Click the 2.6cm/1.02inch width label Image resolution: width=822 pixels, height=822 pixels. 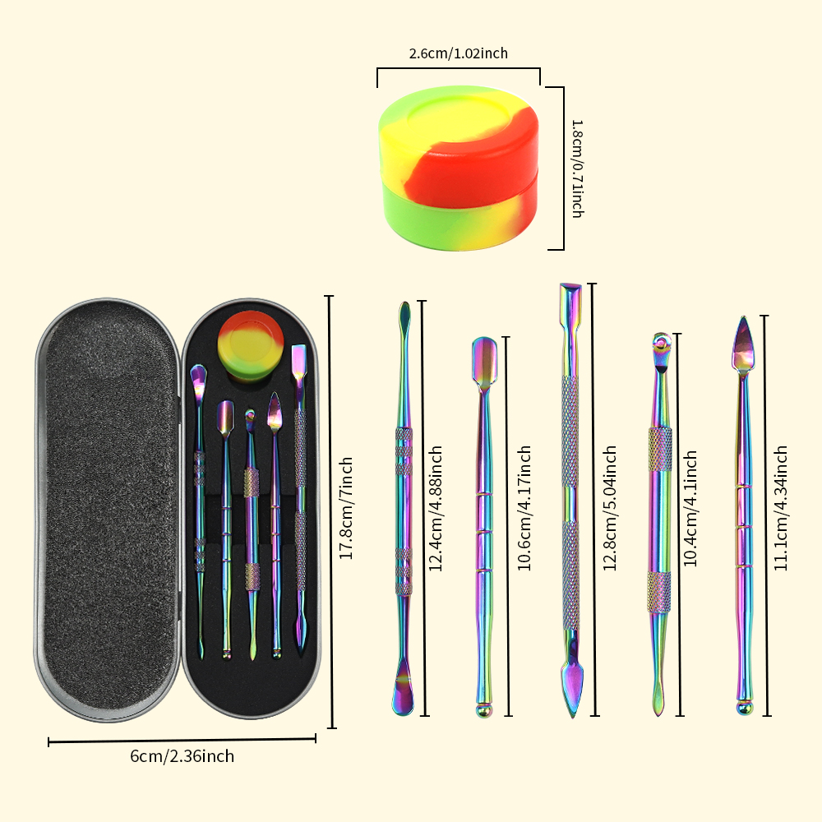pyautogui.click(x=458, y=53)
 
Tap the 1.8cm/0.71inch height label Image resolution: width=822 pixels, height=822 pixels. pyautogui.click(x=577, y=169)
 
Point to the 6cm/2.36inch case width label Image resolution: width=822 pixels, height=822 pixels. pyautogui.click(x=182, y=756)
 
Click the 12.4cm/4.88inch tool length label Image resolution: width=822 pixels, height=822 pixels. pyautogui.click(x=436, y=509)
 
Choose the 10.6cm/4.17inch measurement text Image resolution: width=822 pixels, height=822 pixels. pyautogui.click(x=524, y=509)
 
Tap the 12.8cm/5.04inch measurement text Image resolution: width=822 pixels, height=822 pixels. pyautogui.click(x=609, y=509)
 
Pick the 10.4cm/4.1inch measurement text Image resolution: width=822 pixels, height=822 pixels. pyautogui.click(x=690, y=509)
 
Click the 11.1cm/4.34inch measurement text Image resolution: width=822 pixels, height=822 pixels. pyautogui.click(x=781, y=509)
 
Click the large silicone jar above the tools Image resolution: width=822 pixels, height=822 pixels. pyautogui.click(x=459, y=169)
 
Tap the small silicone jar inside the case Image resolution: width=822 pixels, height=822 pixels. pyautogui.click(x=251, y=345)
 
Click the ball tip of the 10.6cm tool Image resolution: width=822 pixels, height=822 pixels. pyautogui.click(x=484, y=710)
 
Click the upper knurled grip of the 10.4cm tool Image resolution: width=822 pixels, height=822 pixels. pyautogui.click(x=660, y=449)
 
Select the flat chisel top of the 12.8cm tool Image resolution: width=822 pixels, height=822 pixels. pyautogui.click(x=570, y=302)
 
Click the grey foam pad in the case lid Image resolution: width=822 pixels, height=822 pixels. pyautogui.click(x=109, y=509)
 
